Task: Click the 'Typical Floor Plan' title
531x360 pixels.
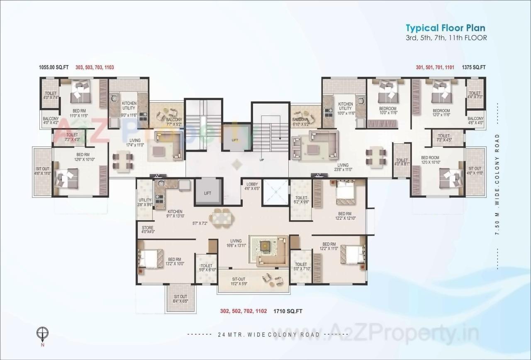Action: pos(445,28)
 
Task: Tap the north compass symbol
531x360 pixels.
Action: pos(42,333)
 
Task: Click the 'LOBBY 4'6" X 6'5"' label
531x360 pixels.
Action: pos(252,186)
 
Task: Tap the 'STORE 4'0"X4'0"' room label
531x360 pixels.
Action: pos(148,230)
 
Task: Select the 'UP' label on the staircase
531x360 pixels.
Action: pos(262,159)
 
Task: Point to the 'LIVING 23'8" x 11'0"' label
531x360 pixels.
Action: pos(343,168)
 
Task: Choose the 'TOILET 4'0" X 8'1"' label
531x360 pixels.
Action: pos(402,162)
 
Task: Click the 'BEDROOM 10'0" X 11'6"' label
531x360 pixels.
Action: pos(387,111)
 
